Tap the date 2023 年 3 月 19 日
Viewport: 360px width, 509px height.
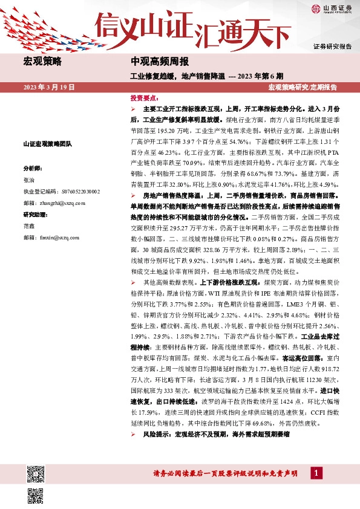click(49, 88)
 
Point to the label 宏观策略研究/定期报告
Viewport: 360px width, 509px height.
click(303, 88)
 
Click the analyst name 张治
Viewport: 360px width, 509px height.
click(29, 180)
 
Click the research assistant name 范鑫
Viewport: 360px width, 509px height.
click(29, 226)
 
